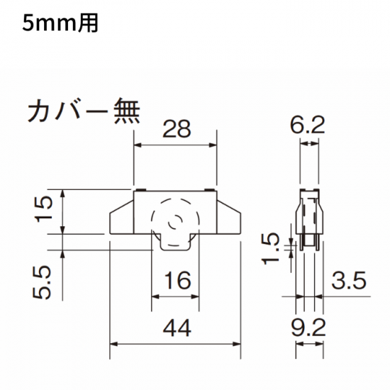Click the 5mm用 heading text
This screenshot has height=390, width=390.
(60, 23)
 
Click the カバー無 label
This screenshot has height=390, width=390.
(84, 111)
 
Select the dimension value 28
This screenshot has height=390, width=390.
(177, 129)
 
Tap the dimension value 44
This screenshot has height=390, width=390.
(177, 328)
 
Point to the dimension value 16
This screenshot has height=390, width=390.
(178, 280)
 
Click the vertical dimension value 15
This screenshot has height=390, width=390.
(44, 209)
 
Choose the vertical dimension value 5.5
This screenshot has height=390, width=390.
(43, 282)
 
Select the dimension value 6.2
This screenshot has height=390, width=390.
(308, 125)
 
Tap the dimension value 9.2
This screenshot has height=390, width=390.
(308, 328)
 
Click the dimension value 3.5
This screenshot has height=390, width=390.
(349, 280)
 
